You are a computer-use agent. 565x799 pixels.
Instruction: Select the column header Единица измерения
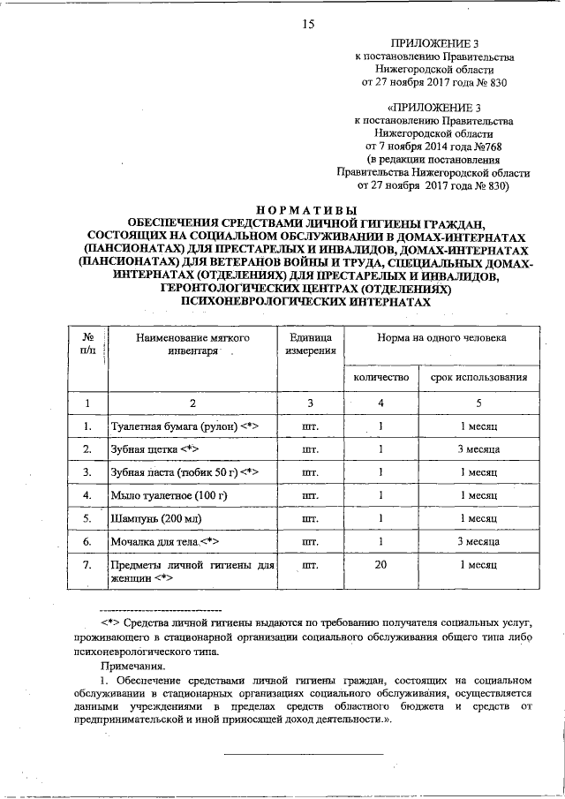310,343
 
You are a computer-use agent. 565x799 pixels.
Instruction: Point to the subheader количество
380,377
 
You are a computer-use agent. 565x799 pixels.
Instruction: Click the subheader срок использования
479,377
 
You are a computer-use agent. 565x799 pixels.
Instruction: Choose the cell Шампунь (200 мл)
155,518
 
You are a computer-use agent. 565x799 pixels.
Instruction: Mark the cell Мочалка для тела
164,541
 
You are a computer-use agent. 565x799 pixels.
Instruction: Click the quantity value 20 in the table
380,562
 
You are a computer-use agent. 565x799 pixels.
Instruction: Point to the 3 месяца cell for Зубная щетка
479,449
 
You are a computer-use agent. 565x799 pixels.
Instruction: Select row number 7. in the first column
87,562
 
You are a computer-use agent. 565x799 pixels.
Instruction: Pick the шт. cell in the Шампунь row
310,518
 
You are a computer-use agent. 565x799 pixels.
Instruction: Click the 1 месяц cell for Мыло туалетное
479,495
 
